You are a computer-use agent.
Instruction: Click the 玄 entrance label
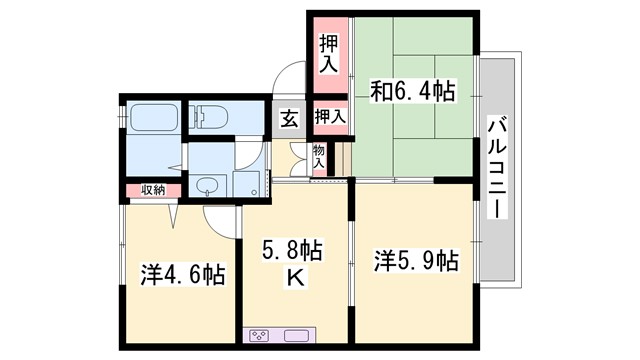[288, 117]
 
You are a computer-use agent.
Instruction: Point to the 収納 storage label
[152, 189]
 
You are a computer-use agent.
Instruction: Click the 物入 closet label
[318, 157]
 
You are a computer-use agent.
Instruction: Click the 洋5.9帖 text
[416, 261]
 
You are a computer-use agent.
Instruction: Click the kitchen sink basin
[299, 334]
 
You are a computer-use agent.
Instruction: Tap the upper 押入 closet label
[328, 54]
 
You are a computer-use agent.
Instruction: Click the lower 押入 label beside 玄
[330, 117]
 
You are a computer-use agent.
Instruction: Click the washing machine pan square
[247, 183]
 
